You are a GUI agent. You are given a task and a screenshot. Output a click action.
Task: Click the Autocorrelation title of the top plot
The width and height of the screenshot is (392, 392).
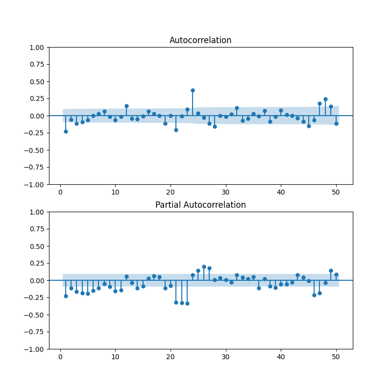click(x=200, y=40)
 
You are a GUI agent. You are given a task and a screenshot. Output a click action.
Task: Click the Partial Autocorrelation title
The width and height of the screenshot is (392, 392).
click(x=200, y=205)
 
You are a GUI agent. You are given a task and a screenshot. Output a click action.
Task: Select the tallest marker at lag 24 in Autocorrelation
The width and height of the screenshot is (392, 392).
click(x=193, y=90)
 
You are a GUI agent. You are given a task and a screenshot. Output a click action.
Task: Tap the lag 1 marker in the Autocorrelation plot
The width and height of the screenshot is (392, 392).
click(x=66, y=131)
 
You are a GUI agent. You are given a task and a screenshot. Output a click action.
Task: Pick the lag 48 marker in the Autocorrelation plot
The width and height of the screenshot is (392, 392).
click(x=325, y=99)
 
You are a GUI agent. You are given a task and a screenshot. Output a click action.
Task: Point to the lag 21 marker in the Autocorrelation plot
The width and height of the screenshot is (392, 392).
click(x=176, y=130)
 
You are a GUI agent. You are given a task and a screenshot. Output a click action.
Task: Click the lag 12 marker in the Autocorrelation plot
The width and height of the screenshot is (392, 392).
click(x=126, y=106)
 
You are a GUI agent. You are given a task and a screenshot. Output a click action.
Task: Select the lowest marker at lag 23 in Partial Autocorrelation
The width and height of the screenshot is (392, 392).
click(x=187, y=303)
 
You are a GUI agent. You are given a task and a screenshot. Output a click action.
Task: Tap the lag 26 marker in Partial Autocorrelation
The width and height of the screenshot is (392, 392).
click(x=204, y=267)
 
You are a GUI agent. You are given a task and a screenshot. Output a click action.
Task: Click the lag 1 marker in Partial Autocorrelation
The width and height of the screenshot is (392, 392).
click(x=66, y=296)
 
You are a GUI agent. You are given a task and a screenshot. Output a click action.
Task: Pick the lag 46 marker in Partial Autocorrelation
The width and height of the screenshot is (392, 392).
click(x=314, y=295)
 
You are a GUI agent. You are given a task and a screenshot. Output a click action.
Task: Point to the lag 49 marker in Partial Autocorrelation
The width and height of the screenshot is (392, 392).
click(x=331, y=270)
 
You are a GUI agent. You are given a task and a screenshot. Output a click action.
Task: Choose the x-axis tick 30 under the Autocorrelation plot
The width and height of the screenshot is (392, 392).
click(x=226, y=191)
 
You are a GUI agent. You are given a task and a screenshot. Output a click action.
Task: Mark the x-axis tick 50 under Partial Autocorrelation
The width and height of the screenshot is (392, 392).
click(x=336, y=356)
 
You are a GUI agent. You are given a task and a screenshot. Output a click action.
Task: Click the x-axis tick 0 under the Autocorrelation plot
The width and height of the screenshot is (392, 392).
click(x=60, y=191)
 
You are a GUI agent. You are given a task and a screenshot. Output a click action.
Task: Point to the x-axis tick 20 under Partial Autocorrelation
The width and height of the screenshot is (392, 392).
click(x=171, y=356)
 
